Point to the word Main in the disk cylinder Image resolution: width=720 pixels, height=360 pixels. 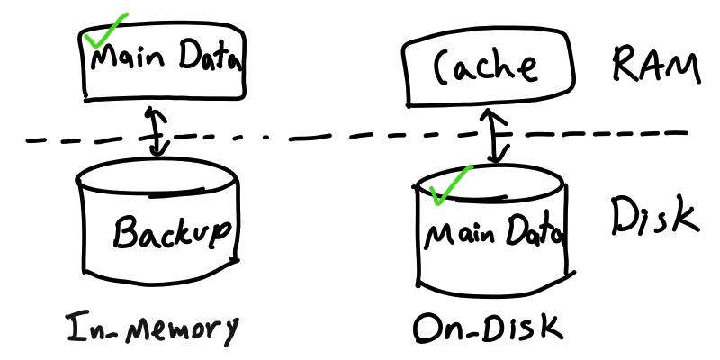pos(459,236)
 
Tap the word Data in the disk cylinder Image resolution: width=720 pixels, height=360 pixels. pos(533,235)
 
